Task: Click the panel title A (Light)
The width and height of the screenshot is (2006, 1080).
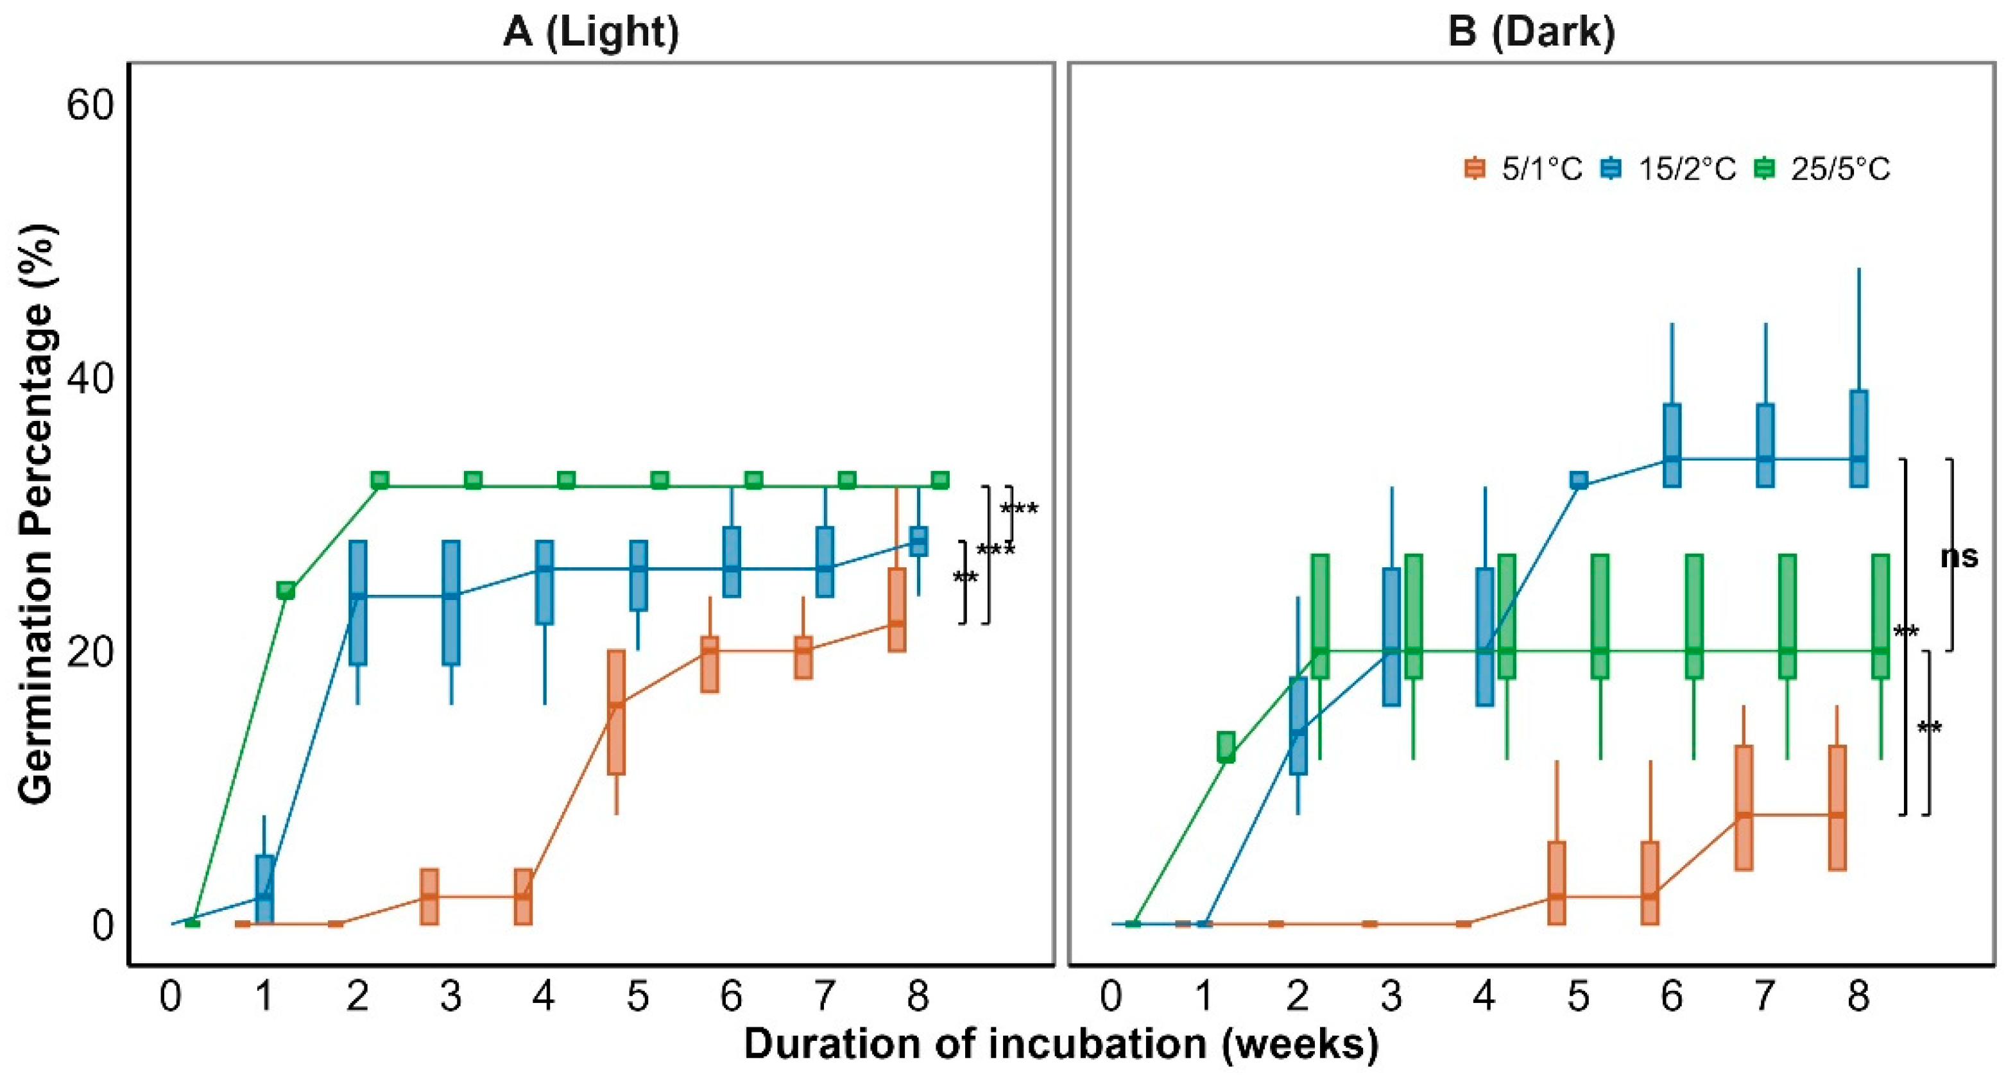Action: [x=591, y=33]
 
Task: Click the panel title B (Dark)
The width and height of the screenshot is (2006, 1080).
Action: [x=1531, y=33]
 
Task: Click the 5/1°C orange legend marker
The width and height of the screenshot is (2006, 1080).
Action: [x=1475, y=169]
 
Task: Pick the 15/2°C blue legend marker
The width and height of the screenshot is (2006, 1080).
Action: [x=1611, y=169]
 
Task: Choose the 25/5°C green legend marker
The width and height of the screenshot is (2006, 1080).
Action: [x=1764, y=169]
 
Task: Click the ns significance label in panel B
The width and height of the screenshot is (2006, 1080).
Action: [x=1959, y=557]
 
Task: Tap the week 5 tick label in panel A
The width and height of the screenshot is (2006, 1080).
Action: [x=638, y=995]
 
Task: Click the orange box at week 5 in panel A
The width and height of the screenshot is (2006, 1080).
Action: [x=616, y=712]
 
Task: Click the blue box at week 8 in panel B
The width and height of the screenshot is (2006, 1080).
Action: [x=1859, y=438]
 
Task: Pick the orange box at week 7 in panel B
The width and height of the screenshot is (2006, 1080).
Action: [x=1744, y=807]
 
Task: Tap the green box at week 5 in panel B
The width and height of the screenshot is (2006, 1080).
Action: [x=1600, y=616]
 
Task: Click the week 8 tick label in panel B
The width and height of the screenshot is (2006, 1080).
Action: [x=1859, y=995]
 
